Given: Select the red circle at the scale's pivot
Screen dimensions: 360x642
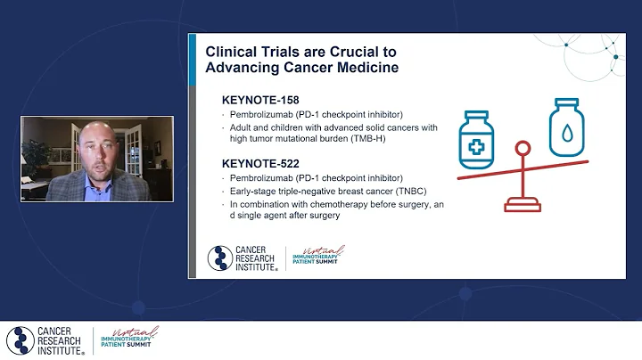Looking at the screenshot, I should [523, 149].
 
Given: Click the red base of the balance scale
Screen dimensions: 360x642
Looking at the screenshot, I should [523, 207].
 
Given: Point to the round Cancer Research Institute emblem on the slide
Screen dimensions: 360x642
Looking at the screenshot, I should [220, 258].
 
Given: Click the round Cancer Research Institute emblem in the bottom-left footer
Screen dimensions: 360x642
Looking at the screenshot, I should [19, 340].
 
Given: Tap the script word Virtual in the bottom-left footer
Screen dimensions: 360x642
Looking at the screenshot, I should [141, 331].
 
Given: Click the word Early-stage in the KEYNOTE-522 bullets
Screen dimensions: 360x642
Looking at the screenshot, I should [252, 192].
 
